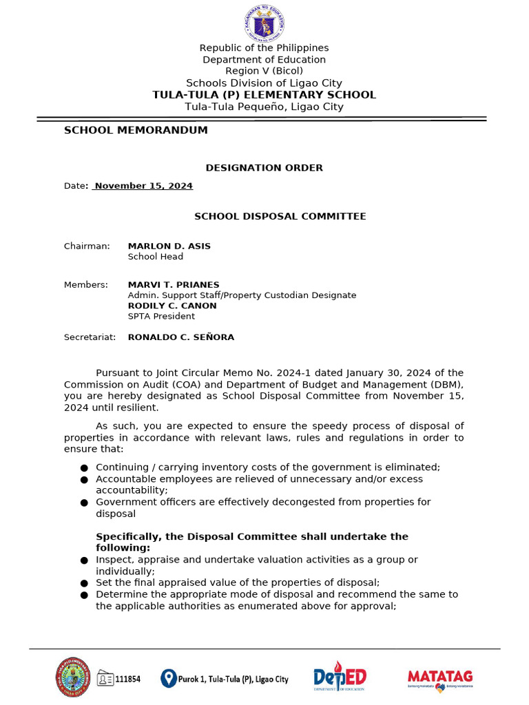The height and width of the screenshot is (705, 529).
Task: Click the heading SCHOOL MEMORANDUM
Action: pos(136,130)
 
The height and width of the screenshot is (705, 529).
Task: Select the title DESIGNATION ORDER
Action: pos(264,168)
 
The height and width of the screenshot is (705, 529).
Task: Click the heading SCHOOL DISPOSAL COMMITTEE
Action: pos(280,216)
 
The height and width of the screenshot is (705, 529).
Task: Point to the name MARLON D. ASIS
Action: pos(169,246)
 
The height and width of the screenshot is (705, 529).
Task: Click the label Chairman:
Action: pos(87,246)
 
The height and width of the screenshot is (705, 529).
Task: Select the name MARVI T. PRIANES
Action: pos(174,284)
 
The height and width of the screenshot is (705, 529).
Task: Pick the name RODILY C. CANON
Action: pos(172,306)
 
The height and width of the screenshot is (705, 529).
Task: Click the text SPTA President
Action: pos(161,316)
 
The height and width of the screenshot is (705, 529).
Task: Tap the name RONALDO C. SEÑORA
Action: pos(181,337)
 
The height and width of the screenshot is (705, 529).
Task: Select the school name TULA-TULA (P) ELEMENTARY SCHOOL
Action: pos(264,95)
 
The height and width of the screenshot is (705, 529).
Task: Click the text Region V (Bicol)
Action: pos(264,71)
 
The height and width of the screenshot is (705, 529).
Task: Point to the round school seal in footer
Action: pos(72,677)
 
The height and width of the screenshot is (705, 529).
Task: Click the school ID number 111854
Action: pos(127,679)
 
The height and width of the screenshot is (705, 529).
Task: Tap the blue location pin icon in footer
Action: pos(168,678)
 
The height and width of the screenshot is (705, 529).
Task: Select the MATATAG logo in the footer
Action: pos(440,678)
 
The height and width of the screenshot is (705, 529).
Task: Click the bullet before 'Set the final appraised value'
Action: pos(84,583)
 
